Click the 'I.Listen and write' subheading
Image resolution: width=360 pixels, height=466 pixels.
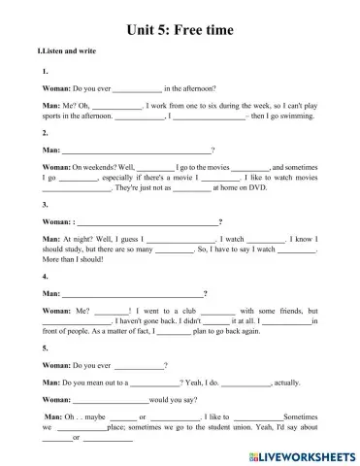pos(66,49)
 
